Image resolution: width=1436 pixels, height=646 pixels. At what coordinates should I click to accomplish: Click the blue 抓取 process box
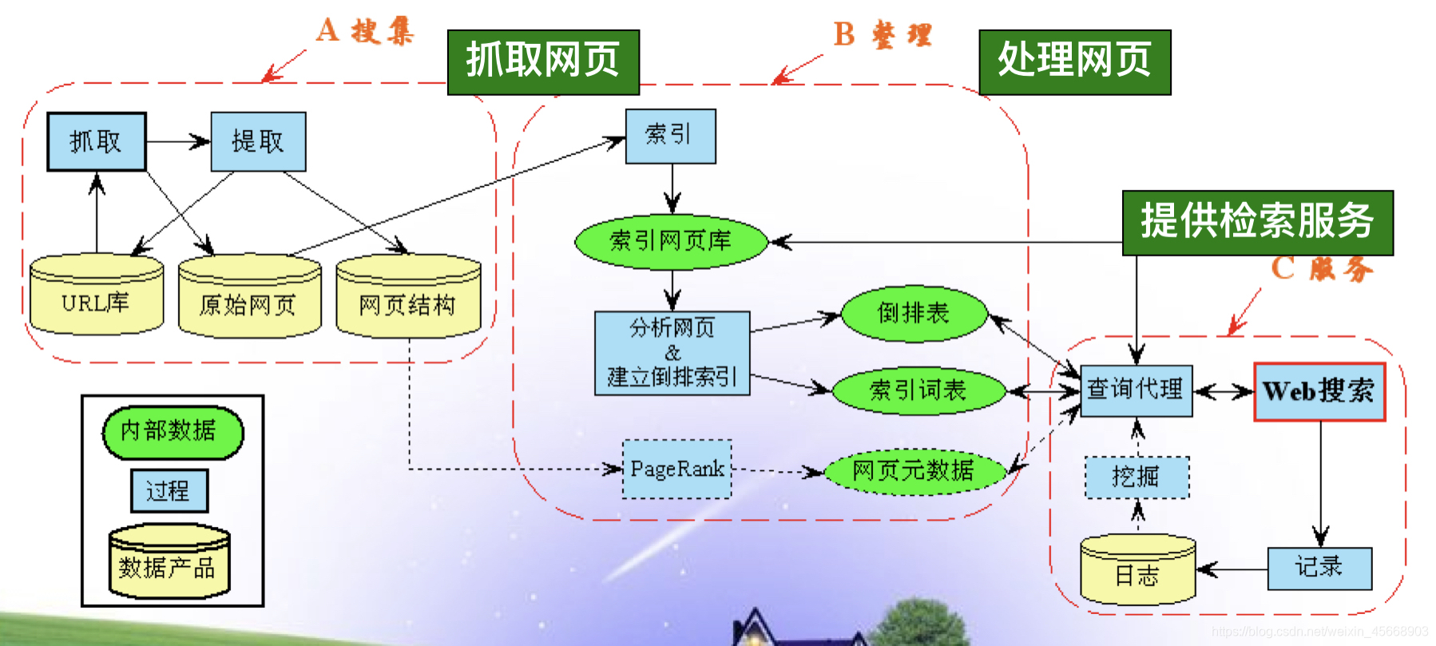pos(97,141)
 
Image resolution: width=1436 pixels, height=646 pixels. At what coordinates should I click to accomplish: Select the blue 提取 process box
pos(258,141)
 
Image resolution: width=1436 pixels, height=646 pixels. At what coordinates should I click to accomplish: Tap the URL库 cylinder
pos(96,295)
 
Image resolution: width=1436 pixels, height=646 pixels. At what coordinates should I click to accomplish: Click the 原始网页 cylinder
pos(249,297)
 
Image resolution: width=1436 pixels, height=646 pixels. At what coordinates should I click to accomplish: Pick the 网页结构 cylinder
pos(408,297)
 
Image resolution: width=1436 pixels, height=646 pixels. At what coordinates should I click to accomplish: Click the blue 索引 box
pos(670,136)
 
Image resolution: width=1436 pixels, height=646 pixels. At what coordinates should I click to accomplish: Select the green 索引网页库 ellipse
pos(671,240)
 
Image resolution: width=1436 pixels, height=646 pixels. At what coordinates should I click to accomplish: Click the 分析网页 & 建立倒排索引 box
pos(672,353)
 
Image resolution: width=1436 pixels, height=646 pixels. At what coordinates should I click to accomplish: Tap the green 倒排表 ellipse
pos(914,313)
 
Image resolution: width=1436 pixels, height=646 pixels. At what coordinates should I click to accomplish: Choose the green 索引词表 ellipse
pos(918,390)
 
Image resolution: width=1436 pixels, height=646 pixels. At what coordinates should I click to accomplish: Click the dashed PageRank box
pos(676,469)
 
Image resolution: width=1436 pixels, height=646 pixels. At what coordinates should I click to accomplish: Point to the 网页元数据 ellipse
pos(914,470)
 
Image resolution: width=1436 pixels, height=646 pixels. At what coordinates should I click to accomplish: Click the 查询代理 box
pos(1135,390)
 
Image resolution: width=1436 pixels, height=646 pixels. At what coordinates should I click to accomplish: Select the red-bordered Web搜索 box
pos(1319,391)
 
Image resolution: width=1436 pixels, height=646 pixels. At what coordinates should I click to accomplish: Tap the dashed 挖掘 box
pos(1137,478)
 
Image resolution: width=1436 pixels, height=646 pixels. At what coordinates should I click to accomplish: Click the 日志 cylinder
pos(1137,570)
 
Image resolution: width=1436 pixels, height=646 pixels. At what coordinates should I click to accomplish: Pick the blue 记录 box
pos(1319,568)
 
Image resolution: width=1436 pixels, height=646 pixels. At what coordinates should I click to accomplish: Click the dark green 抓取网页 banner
pos(543,61)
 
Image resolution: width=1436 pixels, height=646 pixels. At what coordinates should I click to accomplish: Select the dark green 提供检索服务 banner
pos(1257,222)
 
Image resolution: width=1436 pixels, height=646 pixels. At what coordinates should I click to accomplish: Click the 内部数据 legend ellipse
pos(172,432)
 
